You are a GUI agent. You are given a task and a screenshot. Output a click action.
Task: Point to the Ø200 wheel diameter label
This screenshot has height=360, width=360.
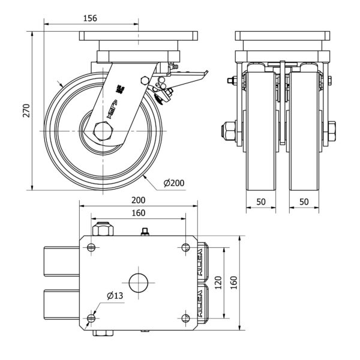(x=173, y=182)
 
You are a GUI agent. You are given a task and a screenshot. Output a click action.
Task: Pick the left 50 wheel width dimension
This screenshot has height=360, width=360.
(x=261, y=202)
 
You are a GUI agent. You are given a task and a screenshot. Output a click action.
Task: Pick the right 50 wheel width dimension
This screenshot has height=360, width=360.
(x=304, y=202)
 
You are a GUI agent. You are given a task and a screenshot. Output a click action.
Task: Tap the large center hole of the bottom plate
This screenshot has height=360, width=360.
(x=139, y=282)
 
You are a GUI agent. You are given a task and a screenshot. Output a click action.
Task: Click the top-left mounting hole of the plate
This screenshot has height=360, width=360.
(x=91, y=247)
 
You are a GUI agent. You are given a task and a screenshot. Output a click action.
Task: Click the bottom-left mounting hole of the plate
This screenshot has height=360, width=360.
(x=91, y=318)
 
